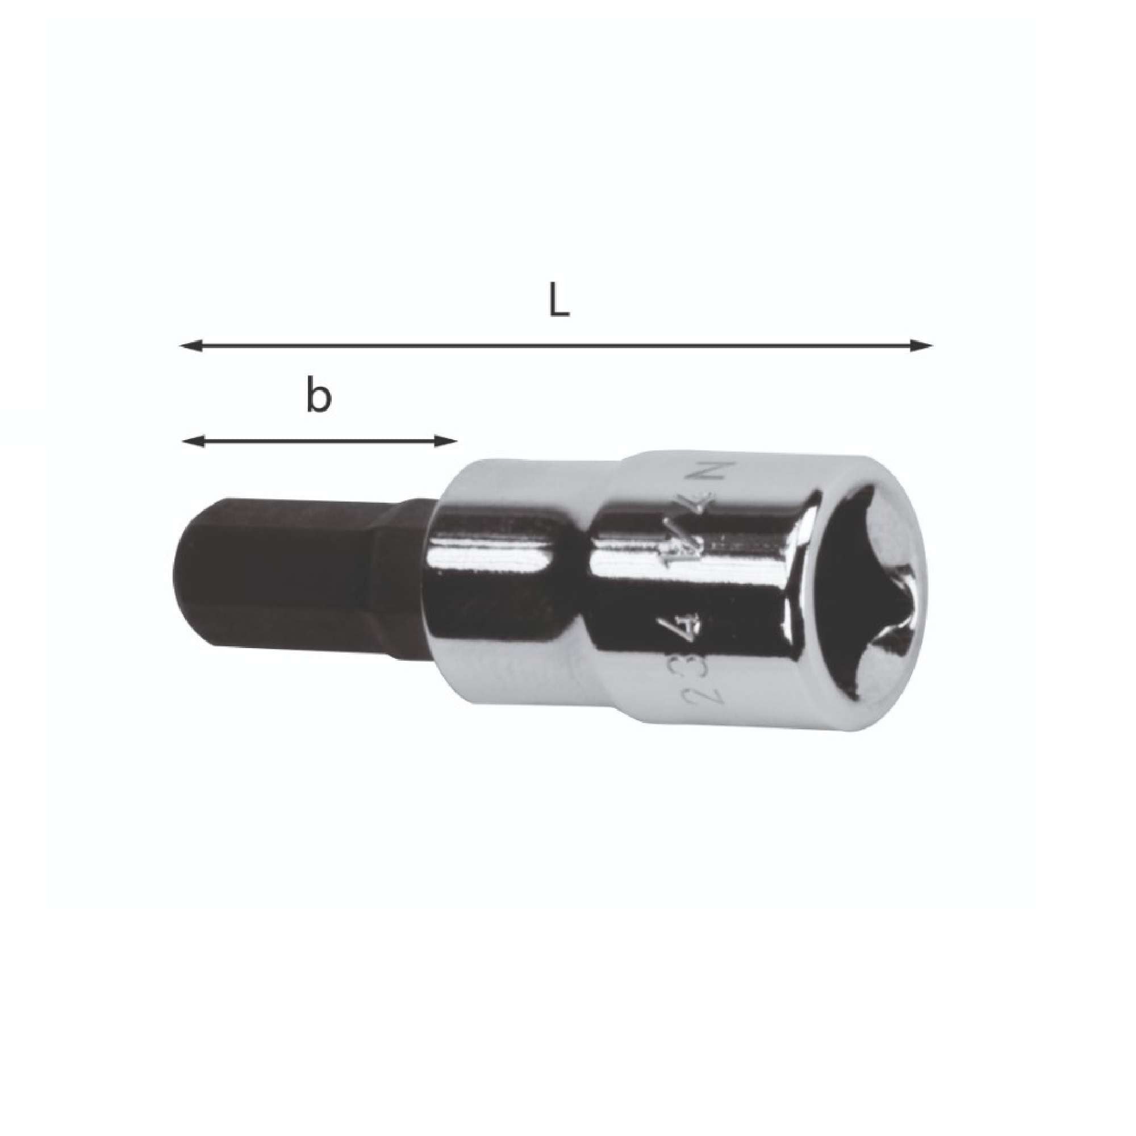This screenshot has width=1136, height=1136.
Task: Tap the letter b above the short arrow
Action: pos(319,398)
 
